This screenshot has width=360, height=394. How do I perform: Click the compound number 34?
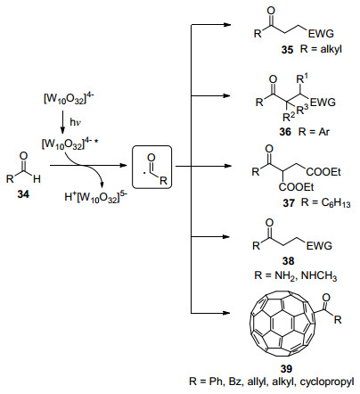(x=23, y=194)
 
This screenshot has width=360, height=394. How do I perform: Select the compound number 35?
(x=287, y=49)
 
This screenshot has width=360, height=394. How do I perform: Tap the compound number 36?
(x=285, y=131)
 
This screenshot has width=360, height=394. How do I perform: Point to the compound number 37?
(x=289, y=203)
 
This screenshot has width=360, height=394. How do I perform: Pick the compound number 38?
(x=288, y=261)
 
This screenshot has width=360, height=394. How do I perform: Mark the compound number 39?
(x=286, y=369)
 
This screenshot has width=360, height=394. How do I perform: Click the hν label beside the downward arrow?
(x=76, y=122)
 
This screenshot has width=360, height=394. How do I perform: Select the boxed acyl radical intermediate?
(x=151, y=167)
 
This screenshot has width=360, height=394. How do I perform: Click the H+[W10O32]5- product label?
(x=94, y=197)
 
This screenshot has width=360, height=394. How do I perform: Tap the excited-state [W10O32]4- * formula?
(x=70, y=144)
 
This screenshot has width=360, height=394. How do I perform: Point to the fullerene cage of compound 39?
(x=282, y=324)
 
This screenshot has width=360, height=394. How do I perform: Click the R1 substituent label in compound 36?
(x=302, y=79)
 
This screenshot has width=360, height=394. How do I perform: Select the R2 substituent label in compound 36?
(x=289, y=117)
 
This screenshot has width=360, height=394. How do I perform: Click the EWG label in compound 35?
(x=321, y=34)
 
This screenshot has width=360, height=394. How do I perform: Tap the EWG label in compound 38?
(x=319, y=246)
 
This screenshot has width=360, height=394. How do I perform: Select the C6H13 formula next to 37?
(x=336, y=203)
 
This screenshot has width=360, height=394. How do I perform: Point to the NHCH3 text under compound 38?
(x=319, y=276)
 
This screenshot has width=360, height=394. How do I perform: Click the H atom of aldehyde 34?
(x=37, y=179)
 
